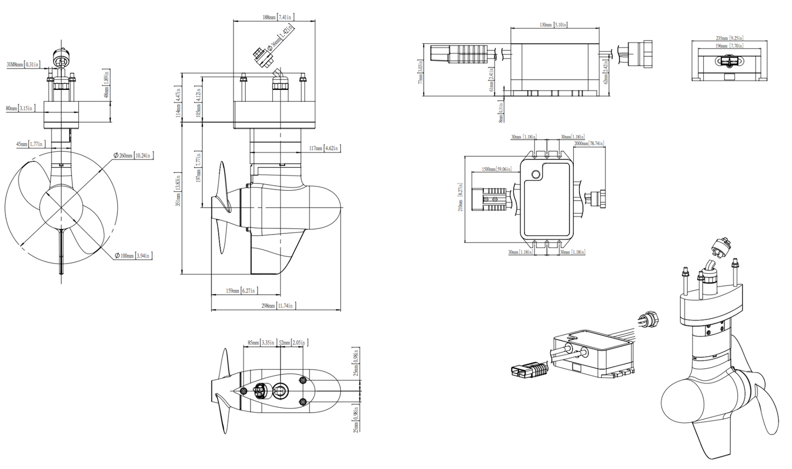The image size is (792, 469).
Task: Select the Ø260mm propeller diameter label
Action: (133, 156)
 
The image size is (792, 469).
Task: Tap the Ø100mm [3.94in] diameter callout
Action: (134, 256)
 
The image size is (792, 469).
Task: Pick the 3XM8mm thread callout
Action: (22, 65)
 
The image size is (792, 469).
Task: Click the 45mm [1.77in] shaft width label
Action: (30, 144)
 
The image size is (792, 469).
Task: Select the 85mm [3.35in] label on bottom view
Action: (260, 343)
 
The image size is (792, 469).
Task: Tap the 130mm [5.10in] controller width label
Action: (553, 25)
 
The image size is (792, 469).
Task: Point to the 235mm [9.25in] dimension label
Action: (729, 38)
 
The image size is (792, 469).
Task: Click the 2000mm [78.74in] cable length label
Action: (589, 144)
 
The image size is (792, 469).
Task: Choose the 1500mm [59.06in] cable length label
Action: (496, 169)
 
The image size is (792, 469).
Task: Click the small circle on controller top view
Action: (536, 175)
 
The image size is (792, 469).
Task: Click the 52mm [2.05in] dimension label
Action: (292, 343)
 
